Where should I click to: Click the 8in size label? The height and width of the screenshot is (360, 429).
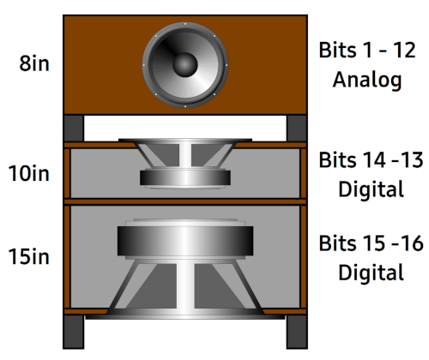coord(34,63)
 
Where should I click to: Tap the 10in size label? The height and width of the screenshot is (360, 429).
coord(28,173)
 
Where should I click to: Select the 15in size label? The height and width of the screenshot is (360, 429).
coord(28,256)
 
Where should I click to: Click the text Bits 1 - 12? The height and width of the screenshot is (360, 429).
coord(367,50)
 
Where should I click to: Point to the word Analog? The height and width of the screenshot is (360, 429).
coord(367,80)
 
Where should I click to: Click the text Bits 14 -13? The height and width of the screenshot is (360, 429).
coord(371,160)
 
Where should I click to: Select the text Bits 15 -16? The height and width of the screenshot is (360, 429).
coord(371,243)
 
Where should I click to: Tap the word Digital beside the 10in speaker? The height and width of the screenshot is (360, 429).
coord(371,189)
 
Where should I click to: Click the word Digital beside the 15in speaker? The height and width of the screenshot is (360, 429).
coord(371,273)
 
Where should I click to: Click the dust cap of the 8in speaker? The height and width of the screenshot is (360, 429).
coord(185,65)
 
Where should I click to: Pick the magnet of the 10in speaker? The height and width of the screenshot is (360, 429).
coord(185,177)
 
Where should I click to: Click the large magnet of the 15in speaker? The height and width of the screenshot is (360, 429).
coord(185,241)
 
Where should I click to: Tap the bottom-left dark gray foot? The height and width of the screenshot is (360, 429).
coord(74,332)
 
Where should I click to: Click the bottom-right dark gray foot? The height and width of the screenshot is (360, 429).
coord(297,332)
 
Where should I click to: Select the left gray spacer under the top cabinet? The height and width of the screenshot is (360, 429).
coord(74,129)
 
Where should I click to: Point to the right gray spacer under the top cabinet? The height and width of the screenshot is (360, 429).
coord(297,129)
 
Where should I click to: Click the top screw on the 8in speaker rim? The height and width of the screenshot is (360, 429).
coord(185,24)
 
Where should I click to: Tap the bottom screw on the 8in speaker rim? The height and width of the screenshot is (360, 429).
coord(185,106)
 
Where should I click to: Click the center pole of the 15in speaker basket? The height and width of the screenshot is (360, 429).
coord(185,285)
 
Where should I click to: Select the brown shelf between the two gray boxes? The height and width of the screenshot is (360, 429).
coord(185,201)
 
